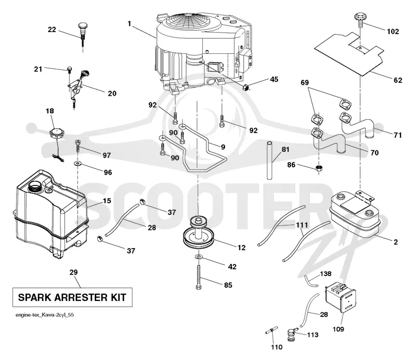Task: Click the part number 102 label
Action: (x=393, y=32)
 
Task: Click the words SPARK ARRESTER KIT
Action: (x=72, y=297)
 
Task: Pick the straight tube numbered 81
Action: (x=269, y=161)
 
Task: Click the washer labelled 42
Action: (x=199, y=256)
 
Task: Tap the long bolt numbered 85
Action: (x=198, y=277)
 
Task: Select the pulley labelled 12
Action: (x=199, y=233)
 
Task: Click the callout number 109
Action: (x=338, y=329)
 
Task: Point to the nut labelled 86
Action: (x=319, y=168)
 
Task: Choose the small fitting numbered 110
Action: (x=272, y=330)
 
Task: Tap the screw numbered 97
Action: (x=78, y=146)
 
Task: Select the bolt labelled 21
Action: (x=70, y=69)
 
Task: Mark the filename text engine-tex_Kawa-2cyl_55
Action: (x=45, y=315)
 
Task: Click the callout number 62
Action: (x=397, y=80)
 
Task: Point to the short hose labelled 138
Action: (x=310, y=281)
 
